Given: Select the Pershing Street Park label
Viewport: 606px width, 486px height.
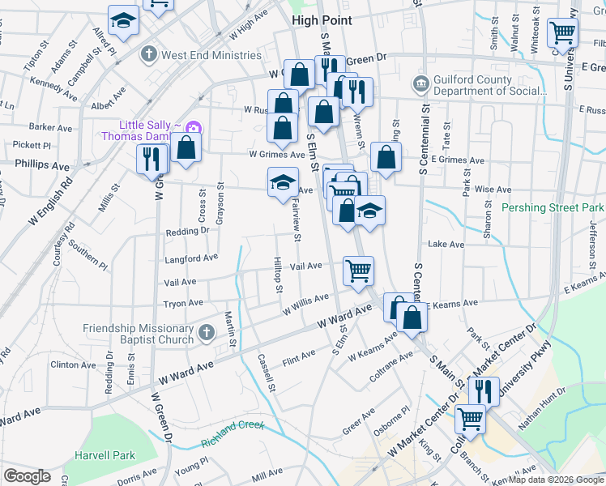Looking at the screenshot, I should (553, 207).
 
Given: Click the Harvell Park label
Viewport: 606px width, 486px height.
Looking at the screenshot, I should (105, 455).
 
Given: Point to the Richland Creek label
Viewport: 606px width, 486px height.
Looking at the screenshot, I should (233, 424).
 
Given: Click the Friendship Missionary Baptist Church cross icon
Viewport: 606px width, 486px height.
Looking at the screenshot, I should (206, 332).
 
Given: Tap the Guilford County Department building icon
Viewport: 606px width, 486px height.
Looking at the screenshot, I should (420, 83).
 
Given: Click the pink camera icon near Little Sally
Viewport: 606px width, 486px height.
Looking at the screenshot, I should (193, 128).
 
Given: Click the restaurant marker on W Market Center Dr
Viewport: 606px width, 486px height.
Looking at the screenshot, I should (484, 390).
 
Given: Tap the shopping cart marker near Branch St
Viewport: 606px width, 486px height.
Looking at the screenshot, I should (470, 420).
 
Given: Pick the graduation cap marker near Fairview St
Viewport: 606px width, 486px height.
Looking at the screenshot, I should (283, 181).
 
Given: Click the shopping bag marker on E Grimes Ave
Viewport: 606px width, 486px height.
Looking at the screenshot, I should (386, 157).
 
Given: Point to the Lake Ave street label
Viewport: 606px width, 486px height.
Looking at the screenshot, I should (446, 244).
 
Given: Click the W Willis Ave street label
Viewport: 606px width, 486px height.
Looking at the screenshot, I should (305, 305).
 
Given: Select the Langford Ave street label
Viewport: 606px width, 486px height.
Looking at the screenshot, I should (191, 258).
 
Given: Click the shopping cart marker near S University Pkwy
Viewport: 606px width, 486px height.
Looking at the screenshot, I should (562, 33).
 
